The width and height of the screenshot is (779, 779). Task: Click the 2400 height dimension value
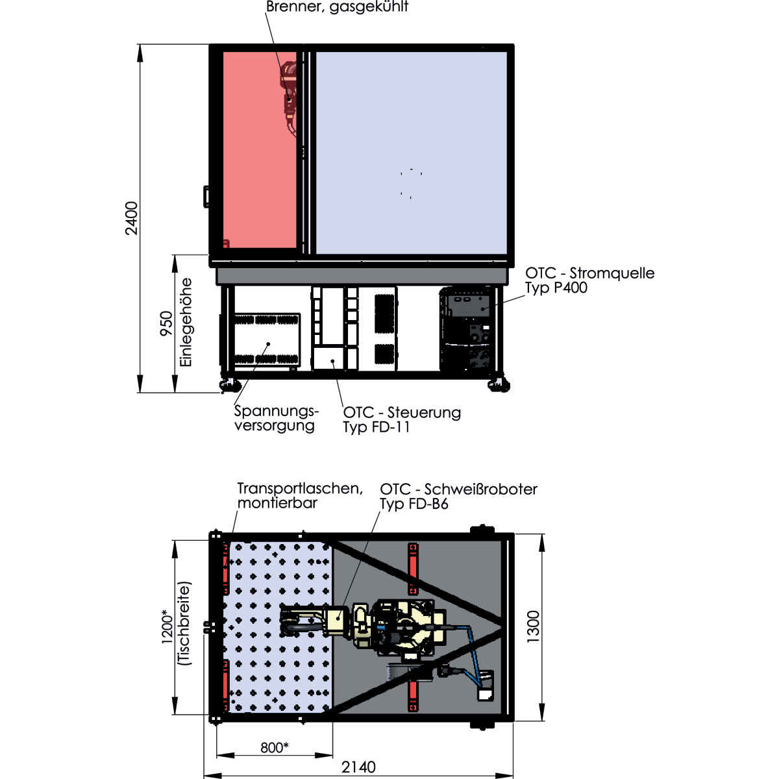point(132,218)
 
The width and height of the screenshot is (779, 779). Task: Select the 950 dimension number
point(166,323)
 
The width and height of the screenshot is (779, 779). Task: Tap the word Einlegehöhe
point(186,322)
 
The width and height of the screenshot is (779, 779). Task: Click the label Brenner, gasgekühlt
point(337,7)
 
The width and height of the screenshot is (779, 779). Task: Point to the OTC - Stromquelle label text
point(589,273)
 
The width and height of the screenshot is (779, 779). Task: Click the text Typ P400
point(556,288)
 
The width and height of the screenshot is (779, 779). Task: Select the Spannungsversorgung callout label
point(277,419)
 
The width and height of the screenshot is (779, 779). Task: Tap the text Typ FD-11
point(377,427)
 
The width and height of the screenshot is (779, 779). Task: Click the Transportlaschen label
point(300,488)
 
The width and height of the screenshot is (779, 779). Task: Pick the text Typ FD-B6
point(414,504)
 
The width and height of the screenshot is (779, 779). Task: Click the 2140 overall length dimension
point(358,767)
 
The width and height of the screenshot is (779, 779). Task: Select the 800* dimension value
point(274,747)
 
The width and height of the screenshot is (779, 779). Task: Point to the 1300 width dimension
point(533,626)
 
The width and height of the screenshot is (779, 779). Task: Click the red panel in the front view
point(259,149)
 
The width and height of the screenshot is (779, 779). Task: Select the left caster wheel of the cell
point(229,385)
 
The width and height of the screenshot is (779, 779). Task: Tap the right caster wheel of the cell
point(499,385)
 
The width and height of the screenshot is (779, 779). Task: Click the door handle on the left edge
point(206,197)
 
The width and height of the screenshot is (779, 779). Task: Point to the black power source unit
point(467,328)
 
